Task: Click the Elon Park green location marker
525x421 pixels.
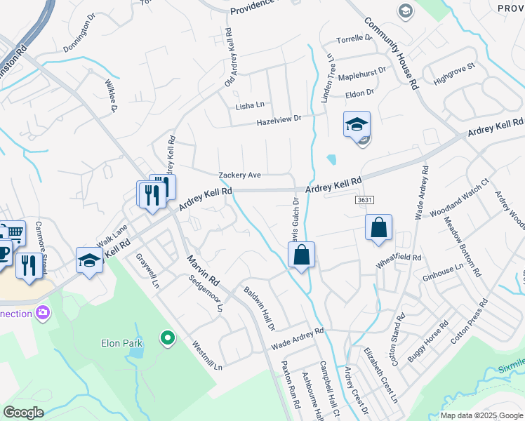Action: coord(167,339)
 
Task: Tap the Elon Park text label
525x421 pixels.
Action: coord(120,343)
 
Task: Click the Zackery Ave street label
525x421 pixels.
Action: coord(239,175)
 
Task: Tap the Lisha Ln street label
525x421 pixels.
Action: coord(249,105)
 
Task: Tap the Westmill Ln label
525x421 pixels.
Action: coord(208,356)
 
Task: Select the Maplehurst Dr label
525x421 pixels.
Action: coord(362,73)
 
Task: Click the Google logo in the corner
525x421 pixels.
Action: coord(23,413)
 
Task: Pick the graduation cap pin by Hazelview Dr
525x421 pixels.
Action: coord(357,125)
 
